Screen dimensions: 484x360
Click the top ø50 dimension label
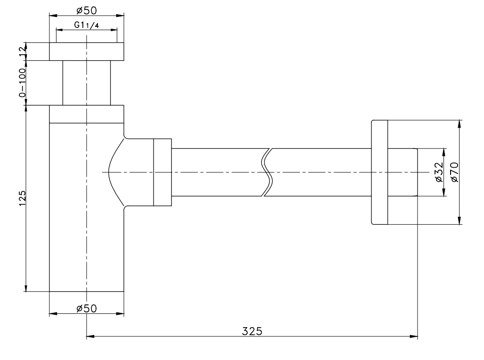click(87, 10)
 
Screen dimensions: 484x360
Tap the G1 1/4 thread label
click(87, 25)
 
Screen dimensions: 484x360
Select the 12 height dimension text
click(22, 51)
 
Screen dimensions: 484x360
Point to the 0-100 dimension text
click(22, 82)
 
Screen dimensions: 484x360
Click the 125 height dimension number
click(22, 198)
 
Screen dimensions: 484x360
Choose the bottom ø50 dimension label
click(87, 308)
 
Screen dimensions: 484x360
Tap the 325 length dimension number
click(252, 331)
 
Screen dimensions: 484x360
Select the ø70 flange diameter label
click(454, 172)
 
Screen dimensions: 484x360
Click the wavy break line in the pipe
click(267, 172)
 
